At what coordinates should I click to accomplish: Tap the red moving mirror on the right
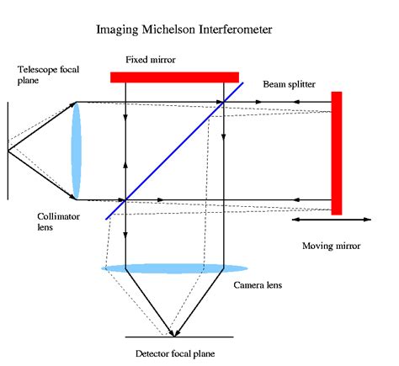click(336, 152)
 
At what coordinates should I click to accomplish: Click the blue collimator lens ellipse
click(77, 151)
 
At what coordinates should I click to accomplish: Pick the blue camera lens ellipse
click(163, 268)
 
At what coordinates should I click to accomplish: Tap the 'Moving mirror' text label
click(331, 247)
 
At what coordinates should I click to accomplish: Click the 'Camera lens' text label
click(258, 285)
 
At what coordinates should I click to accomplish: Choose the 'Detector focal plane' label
click(175, 354)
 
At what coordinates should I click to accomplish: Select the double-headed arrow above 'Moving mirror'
click(330, 220)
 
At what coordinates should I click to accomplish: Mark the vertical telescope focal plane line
click(8, 151)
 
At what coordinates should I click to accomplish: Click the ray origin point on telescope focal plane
click(9, 151)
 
